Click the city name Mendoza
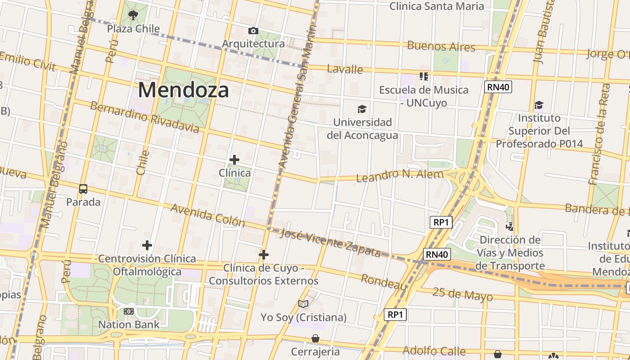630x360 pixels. pos(183,90)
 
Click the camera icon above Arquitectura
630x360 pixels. pos(253,31)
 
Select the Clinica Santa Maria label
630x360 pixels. pos(436,6)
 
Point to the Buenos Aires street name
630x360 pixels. pos(441,46)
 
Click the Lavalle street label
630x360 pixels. pos(345,69)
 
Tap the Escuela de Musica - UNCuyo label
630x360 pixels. pos(423,96)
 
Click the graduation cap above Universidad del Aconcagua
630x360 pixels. pos(362,109)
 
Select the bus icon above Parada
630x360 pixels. pos(83,189)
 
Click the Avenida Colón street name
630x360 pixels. pos(207,215)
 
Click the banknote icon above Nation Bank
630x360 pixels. pos(129,311)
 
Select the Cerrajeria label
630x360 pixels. pos(315,351)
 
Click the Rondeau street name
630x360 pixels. pos(384,282)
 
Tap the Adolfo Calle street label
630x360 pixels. pos(434,351)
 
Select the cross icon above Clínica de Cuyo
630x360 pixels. pos(264,255)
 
